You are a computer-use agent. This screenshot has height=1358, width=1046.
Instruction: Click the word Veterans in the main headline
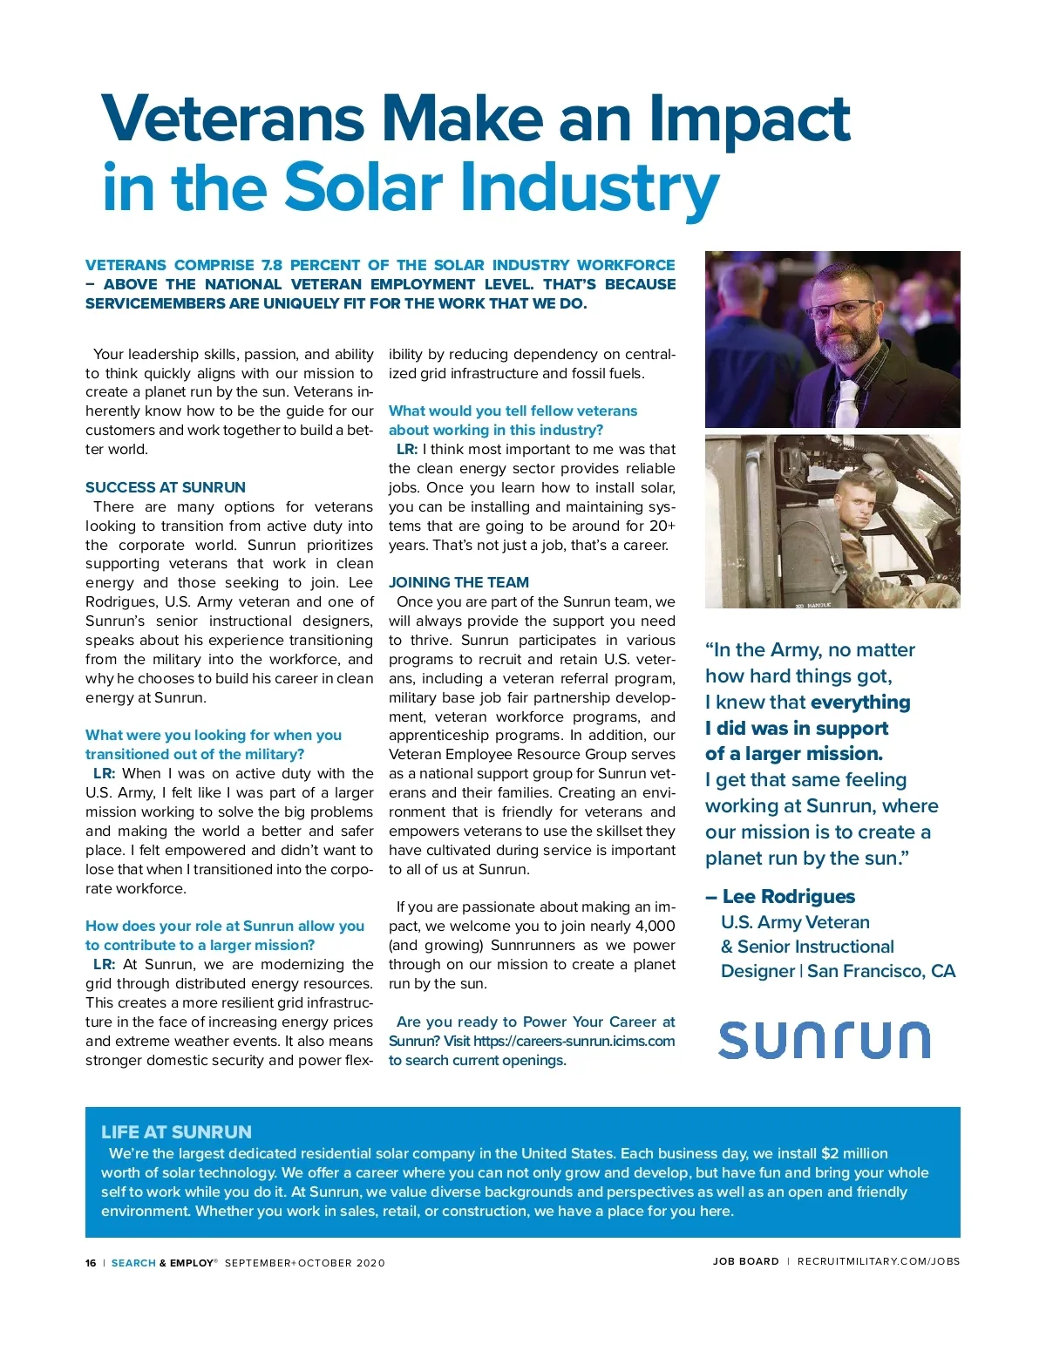point(233,119)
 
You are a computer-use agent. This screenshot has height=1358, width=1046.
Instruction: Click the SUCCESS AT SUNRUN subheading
point(166,487)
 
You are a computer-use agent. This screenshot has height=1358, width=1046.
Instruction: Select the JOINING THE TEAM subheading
point(458,582)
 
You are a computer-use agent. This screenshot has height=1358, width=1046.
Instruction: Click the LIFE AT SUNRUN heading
point(176,1131)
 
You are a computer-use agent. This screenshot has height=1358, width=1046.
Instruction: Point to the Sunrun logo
point(824,1040)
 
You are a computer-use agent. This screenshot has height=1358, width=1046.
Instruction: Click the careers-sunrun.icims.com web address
point(574,1041)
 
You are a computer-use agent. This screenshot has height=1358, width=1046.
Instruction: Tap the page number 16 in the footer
point(91,1263)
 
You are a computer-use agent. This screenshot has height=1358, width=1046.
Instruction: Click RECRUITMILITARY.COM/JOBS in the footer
point(879,1261)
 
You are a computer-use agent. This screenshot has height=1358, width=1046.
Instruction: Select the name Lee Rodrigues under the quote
point(789,897)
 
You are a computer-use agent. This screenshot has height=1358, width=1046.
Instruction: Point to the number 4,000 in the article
point(655,926)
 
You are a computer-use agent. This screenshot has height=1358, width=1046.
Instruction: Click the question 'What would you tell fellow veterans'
point(513,411)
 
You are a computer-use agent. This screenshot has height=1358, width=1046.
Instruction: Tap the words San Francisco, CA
point(881,971)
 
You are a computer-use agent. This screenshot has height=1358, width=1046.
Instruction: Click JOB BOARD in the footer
point(745,1261)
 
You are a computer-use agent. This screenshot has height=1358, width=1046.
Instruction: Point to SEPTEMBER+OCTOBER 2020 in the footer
point(304,1263)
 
